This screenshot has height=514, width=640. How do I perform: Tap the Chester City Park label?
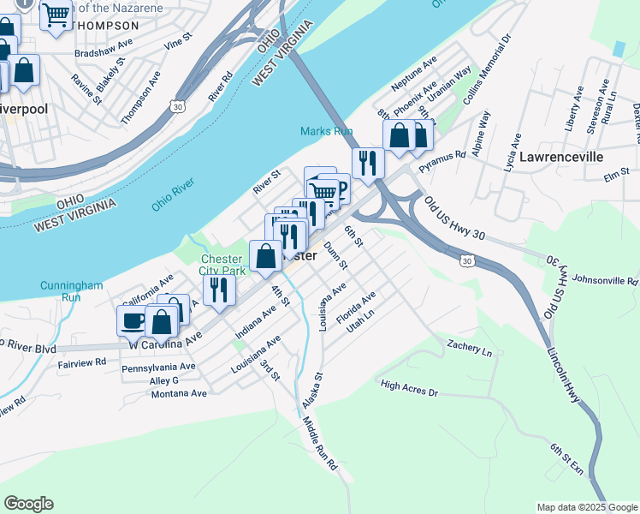pos(222,265)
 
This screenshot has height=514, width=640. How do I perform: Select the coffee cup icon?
pos(132,321)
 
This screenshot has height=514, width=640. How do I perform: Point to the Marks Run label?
pos(326,131)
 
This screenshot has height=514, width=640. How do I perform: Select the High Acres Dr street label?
pos(409,388)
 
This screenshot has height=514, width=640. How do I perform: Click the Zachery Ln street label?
pos(470,348)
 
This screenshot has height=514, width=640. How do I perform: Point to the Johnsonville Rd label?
pos(605,280)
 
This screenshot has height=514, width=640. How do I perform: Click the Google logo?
pos(28,504)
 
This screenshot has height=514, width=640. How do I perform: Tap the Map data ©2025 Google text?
pos(586,507)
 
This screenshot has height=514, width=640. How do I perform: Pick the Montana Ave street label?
pos(179,393)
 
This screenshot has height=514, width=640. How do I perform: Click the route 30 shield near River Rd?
pos(176,105)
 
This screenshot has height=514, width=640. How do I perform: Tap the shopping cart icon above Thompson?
pos(56,15)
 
